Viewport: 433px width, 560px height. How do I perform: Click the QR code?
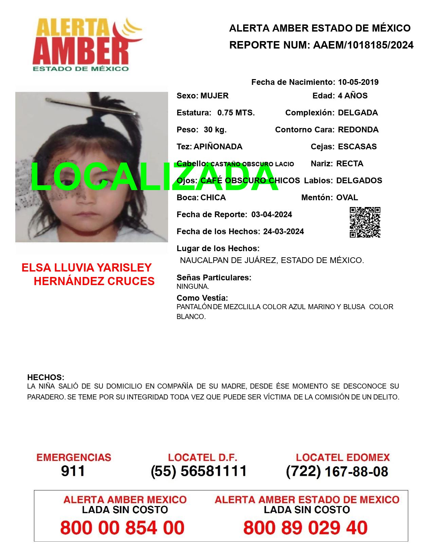click(365, 222)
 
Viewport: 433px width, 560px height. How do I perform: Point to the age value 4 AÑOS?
click(353, 96)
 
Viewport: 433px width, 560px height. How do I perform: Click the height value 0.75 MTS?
click(236, 113)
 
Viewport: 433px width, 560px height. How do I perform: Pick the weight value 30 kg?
click(215, 130)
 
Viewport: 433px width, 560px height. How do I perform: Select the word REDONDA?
click(358, 130)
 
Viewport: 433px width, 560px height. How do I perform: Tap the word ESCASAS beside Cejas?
click(357, 147)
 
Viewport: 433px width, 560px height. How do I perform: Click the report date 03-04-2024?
click(271, 214)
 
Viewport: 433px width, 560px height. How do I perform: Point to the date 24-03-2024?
click(283, 231)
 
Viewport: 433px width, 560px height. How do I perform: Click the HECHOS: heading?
click(46, 377)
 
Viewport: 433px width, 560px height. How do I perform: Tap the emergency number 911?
click(73, 471)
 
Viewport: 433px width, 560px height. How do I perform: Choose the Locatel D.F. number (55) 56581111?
click(199, 471)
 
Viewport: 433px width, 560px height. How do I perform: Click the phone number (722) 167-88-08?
click(337, 471)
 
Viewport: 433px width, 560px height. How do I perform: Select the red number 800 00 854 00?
click(122, 528)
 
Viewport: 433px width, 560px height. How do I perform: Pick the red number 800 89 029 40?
click(305, 528)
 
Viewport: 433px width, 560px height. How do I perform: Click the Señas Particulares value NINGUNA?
click(193, 286)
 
